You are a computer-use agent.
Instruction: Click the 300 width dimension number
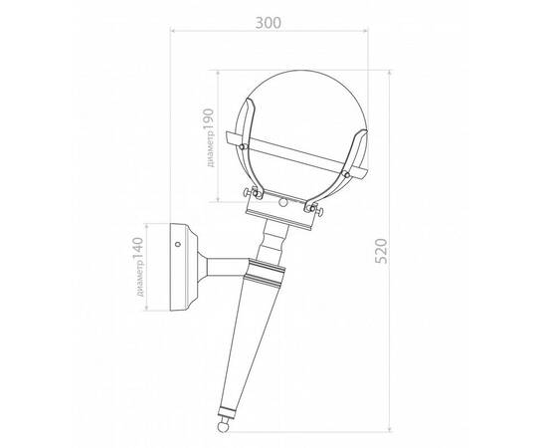(x=268, y=23)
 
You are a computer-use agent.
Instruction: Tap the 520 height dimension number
(x=381, y=251)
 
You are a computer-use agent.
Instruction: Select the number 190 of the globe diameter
(x=208, y=120)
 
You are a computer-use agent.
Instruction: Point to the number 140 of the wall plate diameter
(x=138, y=249)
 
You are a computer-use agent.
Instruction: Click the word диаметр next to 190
(x=210, y=150)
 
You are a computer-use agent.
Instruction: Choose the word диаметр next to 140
(x=140, y=280)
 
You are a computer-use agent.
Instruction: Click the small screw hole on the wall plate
(x=178, y=244)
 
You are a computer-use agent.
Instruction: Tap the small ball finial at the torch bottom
(x=223, y=427)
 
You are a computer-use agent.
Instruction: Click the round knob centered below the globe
(x=283, y=202)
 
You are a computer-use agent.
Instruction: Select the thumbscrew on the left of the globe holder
(x=250, y=192)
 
